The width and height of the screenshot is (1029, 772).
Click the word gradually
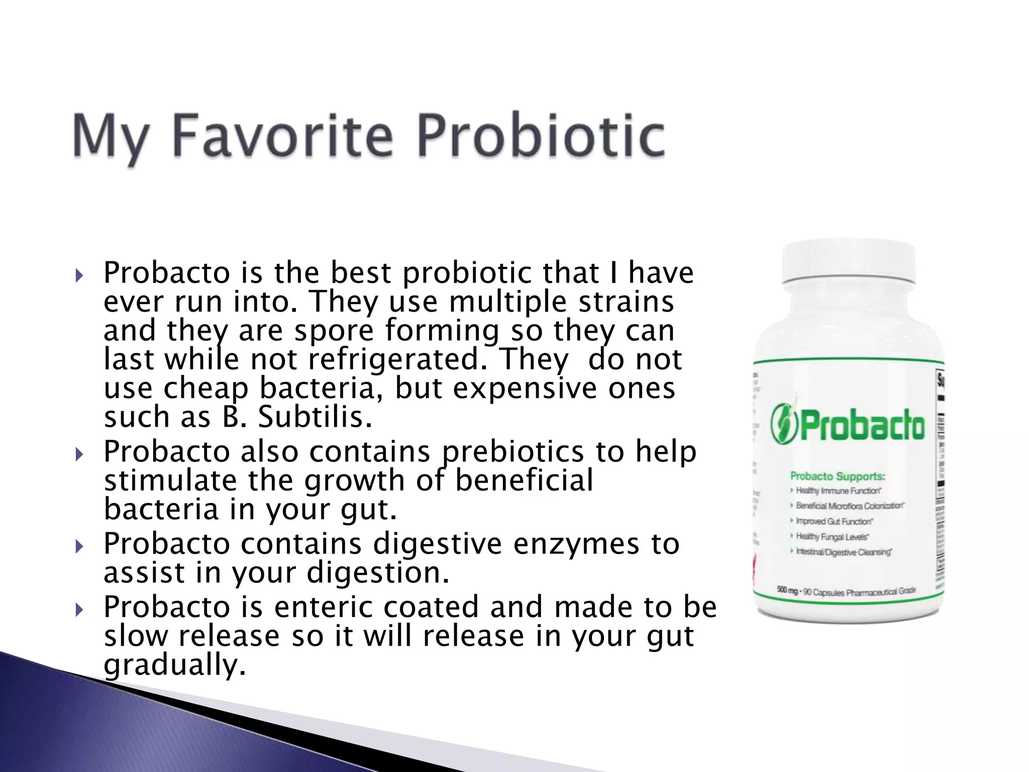point(175,665)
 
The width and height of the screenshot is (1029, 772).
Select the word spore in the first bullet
point(334,331)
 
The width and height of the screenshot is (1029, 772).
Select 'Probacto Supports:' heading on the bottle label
point(838,476)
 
